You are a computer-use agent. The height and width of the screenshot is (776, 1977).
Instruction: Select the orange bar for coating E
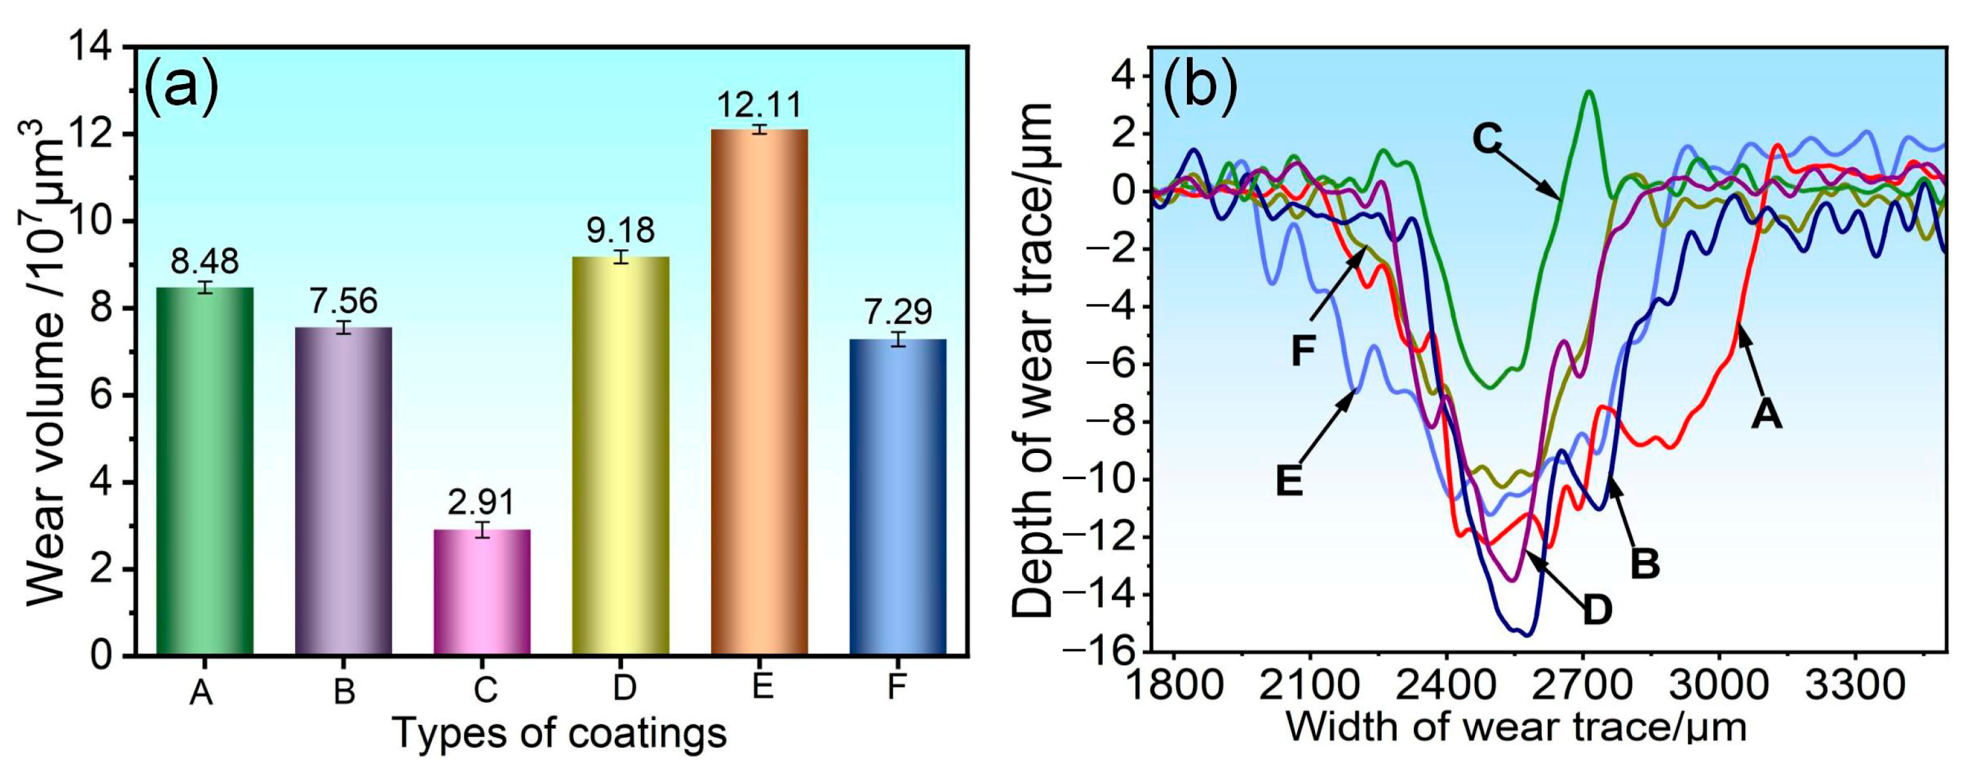(759, 391)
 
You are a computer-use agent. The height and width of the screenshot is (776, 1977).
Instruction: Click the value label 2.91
(482, 503)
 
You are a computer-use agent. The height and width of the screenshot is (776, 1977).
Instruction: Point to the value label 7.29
(898, 312)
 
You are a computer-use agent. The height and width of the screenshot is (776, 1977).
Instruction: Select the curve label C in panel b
(1486, 140)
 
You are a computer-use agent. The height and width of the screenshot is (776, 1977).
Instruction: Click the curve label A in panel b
(1766, 415)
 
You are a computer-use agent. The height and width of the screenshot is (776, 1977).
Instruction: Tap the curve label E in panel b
(1290, 483)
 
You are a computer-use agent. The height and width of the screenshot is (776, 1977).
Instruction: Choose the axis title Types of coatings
(559, 733)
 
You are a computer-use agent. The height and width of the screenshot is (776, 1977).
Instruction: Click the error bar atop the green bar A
(204, 288)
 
